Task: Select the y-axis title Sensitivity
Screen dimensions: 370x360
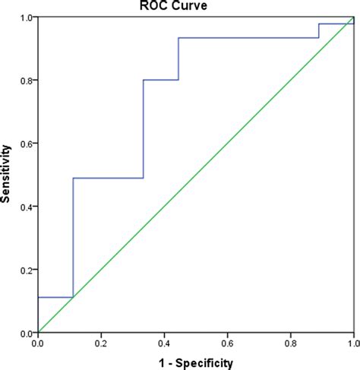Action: point(7,175)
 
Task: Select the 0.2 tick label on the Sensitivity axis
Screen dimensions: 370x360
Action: point(26,270)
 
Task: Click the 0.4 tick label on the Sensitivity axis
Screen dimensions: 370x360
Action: point(26,207)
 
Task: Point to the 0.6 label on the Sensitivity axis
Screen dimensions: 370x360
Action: point(26,144)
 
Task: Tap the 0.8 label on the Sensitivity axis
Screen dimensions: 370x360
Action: point(26,81)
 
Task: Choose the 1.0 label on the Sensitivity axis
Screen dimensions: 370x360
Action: point(26,17)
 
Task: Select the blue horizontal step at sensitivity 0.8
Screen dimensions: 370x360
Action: point(160,80)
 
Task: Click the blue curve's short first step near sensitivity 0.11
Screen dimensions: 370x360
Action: point(55,297)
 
